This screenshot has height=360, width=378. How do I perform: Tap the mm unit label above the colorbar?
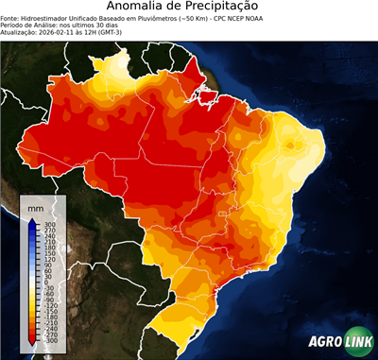tap(35, 207)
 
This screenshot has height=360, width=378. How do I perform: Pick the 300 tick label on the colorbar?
tap(48, 223)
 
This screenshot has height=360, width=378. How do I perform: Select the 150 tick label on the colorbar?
tap(48, 252)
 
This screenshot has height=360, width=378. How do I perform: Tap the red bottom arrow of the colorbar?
tap(31, 340)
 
